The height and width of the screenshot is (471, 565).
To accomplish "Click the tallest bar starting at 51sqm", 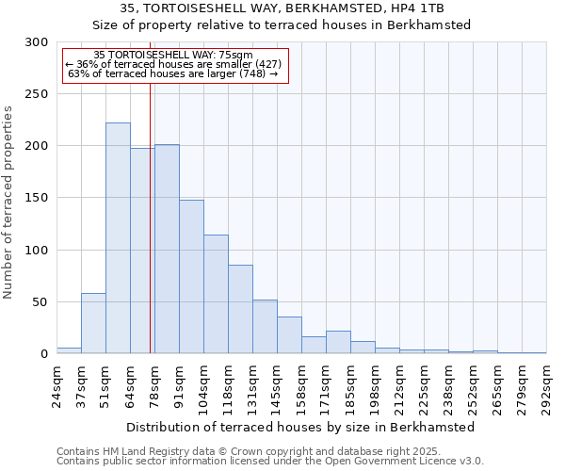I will (118, 238).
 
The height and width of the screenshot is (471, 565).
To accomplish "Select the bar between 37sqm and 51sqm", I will (93, 323).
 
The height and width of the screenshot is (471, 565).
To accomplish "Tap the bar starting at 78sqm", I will (167, 249).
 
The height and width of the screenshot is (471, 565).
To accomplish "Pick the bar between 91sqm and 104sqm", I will (191, 276).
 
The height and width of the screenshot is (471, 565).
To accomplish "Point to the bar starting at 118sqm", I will (240, 309).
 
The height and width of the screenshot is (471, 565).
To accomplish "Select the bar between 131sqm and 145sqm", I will (265, 326).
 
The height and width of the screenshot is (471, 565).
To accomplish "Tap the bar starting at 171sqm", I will (338, 342).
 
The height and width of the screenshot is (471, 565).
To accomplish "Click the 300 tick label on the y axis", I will (37, 42).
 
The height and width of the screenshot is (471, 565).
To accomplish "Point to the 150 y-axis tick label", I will (37, 198).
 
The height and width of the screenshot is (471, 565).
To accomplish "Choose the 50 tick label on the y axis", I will (40, 302).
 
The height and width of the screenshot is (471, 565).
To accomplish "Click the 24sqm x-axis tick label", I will (56, 384).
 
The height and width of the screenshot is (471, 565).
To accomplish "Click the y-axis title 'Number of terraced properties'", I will (9, 203).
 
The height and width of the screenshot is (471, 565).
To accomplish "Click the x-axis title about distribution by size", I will (300, 427).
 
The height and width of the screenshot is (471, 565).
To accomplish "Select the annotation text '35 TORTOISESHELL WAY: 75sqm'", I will (174, 56).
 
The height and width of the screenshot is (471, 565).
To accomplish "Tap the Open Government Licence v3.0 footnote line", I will (270, 462).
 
